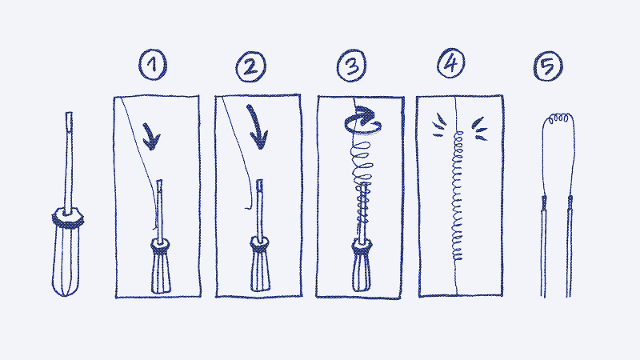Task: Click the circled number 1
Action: (153, 65)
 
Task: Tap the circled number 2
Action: (251, 67)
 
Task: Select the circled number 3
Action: (351, 66)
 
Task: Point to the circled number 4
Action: (451, 64)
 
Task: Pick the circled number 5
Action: (548, 66)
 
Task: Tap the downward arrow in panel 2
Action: (257, 127)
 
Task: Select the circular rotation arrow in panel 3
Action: (362, 121)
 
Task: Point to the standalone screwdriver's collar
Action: (68, 217)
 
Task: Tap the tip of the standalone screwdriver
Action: (69, 113)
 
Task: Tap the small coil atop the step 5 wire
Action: (558, 118)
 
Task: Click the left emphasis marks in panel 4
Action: (438, 125)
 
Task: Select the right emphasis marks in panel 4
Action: (479, 129)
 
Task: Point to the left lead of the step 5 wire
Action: (543, 246)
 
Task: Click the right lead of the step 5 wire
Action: (569, 246)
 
